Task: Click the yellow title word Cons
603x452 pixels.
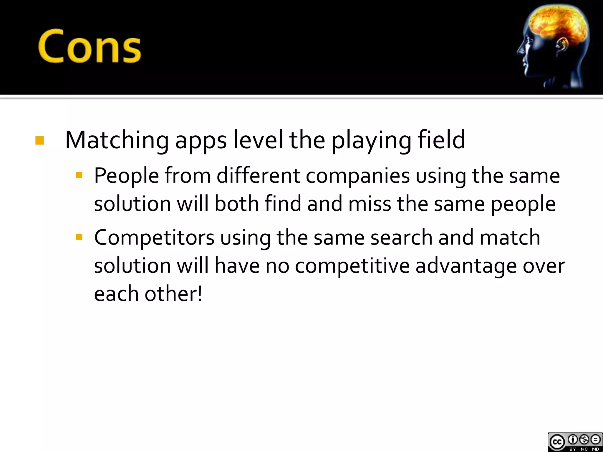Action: pyautogui.click(x=90, y=46)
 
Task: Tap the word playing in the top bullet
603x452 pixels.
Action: pyautogui.click(x=371, y=140)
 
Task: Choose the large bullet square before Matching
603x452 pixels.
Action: pyautogui.click(x=40, y=141)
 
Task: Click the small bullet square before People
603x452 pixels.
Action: pyautogui.click(x=79, y=176)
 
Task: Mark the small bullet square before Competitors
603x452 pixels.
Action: pyautogui.click(x=79, y=237)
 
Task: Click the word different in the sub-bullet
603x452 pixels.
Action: pyautogui.click(x=258, y=176)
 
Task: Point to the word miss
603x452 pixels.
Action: pyautogui.click(x=370, y=204)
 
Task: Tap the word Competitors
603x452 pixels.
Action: pyautogui.click(x=154, y=237)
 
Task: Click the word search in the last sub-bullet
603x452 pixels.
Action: pyautogui.click(x=401, y=237)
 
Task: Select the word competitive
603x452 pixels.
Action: pyautogui.click(x=352, y=266)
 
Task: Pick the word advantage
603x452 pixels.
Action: pyautogui.click(x=466, y=266)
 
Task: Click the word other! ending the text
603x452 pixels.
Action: pyautogui.click(x=173, y=294)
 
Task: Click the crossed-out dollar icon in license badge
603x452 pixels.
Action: pyautogui.click(x=584, y=440)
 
